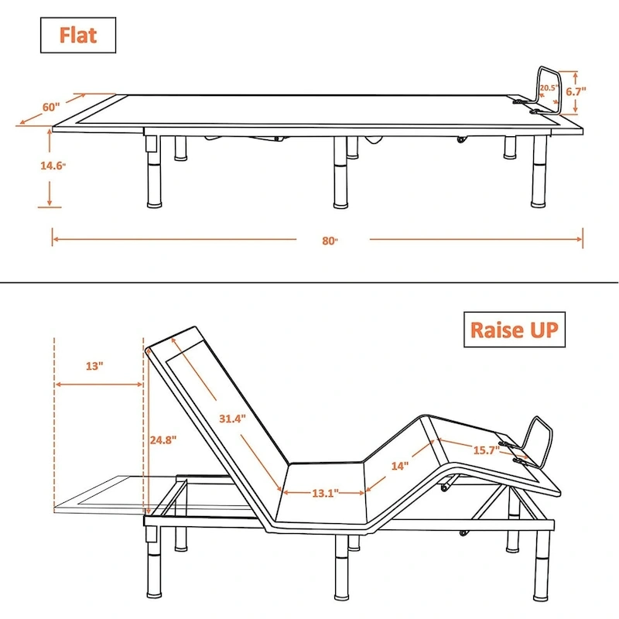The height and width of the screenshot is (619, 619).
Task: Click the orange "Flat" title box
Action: click(x=78, y=35)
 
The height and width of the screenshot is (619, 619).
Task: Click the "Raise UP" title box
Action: click(x=513, y=331)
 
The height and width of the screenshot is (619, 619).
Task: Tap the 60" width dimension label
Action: click(x=51, y=108)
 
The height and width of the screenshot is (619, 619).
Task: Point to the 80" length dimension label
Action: click(x=331, y=240)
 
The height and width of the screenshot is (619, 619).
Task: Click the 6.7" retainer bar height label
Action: click(x=575, y=91)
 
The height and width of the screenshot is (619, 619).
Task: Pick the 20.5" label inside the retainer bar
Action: click(x=549, y=88)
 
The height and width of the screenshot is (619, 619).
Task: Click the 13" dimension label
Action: click(x=94, y=367)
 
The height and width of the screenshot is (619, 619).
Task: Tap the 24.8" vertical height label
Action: click(x=163, y=439)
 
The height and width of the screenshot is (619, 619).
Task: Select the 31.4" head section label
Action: click(x=231, y=419)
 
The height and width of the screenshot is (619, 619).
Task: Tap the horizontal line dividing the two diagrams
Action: click(x=309, y=282)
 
